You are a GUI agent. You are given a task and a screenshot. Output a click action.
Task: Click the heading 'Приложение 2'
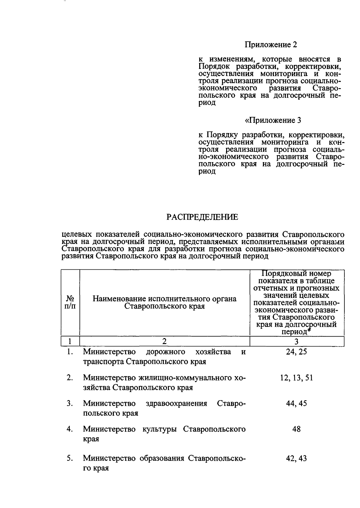[x=271, y=45]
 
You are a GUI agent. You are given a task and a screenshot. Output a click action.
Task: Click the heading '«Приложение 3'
[x=273, y=120]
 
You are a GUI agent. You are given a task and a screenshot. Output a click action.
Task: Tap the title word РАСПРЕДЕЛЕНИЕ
[x=202, y=217]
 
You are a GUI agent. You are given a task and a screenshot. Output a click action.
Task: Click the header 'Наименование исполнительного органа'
[x=164, y=299]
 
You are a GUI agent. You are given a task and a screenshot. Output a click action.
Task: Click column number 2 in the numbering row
[x=164, y=341]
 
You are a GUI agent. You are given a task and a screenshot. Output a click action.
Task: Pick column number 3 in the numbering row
[x=296, y=341]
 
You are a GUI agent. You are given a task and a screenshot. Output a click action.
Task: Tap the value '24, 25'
[x=296, y=352]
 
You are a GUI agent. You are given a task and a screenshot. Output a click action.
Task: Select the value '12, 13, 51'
[x=296, y=378]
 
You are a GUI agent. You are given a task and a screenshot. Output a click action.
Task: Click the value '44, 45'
[x=296, y=403]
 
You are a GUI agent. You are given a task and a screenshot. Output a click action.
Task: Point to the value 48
[x=296, y=429]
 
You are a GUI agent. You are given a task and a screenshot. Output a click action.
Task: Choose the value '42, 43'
[x=296, y=458]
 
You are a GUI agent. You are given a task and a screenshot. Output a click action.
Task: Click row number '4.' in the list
[x=70, y=429]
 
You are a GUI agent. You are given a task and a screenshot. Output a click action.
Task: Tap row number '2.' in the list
[x=70, y=378]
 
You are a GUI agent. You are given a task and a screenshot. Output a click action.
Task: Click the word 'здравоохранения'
[x=176, y=403]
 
